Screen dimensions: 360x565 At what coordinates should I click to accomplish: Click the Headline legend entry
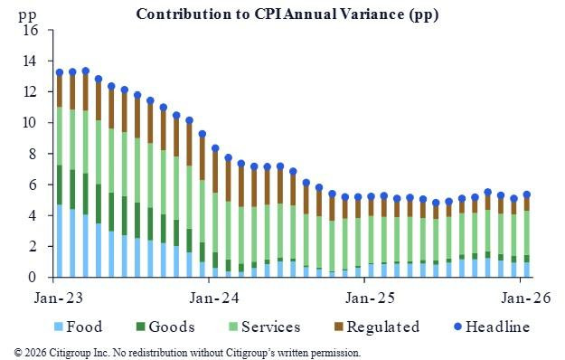click(x=496, y=327)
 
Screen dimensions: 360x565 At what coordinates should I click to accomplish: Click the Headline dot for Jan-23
click(x=60, y=72)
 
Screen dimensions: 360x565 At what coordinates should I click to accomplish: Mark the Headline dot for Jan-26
click(x=527, y=194)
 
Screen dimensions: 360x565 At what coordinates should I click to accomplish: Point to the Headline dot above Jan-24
click(x=215, y=148)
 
